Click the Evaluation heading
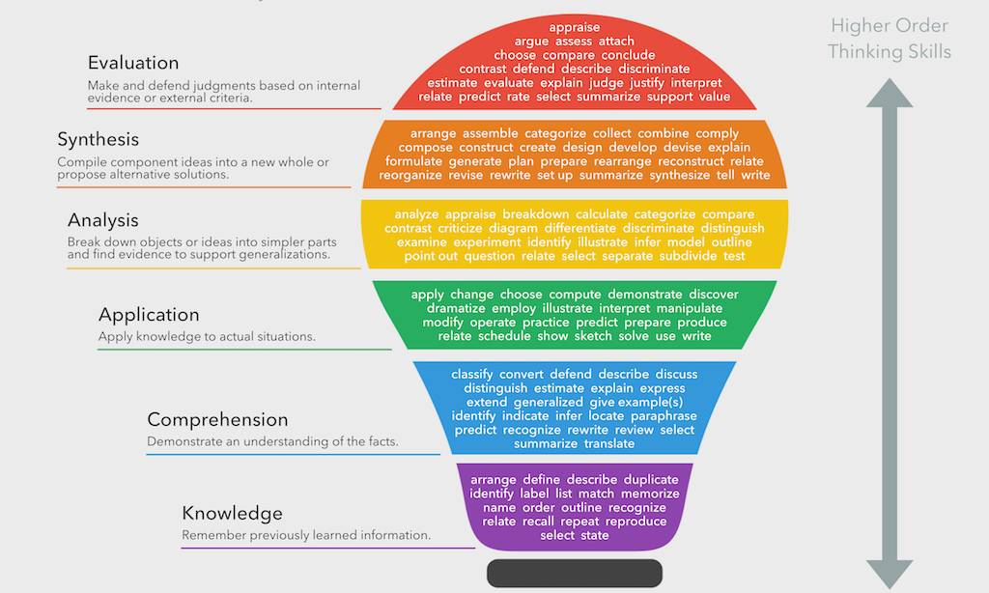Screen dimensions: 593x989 [x=133, y=63]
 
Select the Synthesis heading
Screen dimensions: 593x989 [x=98, y=140]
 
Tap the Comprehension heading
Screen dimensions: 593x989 [x=217, y=420]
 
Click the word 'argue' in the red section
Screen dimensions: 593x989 [x=532, y=42]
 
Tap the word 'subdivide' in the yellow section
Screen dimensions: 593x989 [x=687, y=256]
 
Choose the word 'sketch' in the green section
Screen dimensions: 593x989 [x=593, y=336]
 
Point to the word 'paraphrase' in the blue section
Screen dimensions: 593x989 [x=664, y=416]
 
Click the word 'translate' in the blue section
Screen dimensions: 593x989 [x=609, y=444]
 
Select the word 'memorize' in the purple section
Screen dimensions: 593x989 [x=651, y=494]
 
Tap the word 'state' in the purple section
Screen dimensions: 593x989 [x=595, y=535]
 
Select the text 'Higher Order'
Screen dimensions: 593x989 [x=890, y=26]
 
